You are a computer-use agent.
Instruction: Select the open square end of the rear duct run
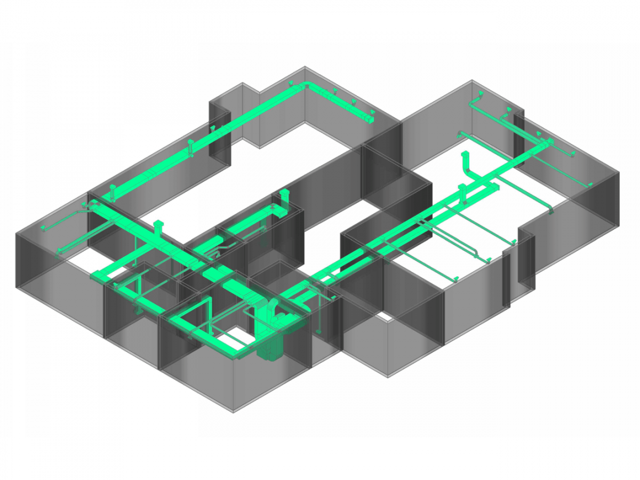point(368,118)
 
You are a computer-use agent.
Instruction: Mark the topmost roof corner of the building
point(305,67)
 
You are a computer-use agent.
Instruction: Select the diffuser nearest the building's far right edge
point(590,183)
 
